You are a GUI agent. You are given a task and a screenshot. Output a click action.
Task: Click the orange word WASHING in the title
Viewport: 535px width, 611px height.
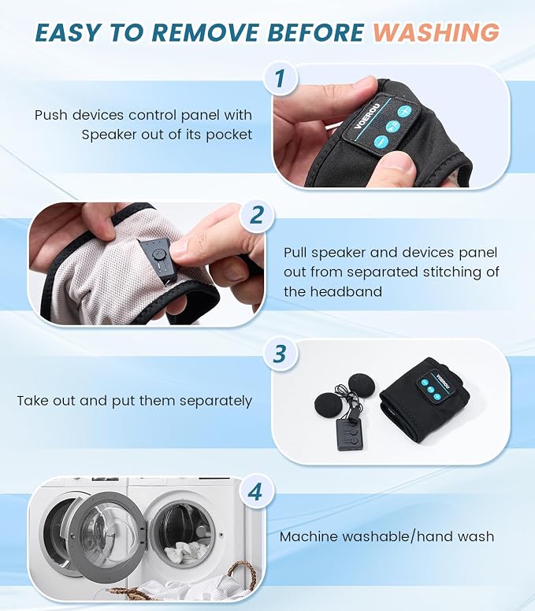[436, 32]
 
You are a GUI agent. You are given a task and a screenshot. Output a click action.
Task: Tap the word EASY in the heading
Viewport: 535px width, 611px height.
[67, 32]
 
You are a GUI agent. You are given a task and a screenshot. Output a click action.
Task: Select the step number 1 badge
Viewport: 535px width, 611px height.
[280, 78]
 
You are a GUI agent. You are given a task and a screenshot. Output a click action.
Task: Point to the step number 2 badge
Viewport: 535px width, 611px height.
[256, 214]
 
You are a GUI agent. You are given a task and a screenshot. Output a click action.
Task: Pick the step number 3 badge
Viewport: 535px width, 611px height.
[280, 354]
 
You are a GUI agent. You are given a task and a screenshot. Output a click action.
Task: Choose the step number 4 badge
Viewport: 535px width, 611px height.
[255, 492]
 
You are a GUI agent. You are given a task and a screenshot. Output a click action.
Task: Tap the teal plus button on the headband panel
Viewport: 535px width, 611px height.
[404, 112]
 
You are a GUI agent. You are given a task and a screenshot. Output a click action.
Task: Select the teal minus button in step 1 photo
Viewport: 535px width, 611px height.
[381, 142]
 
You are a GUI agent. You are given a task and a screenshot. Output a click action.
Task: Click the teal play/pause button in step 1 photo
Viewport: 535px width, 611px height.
[392, 127]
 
